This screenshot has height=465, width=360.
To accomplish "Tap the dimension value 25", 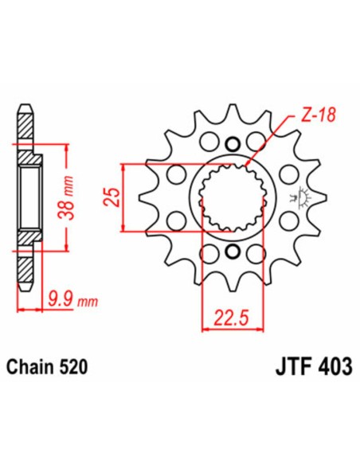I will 113,196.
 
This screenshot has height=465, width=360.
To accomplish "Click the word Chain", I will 30,369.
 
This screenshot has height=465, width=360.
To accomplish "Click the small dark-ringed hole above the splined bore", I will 233,144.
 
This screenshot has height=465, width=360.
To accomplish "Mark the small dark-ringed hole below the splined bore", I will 233,253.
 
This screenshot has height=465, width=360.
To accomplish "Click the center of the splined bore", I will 233,198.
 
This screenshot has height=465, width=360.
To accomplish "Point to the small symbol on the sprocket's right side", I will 302,194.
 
